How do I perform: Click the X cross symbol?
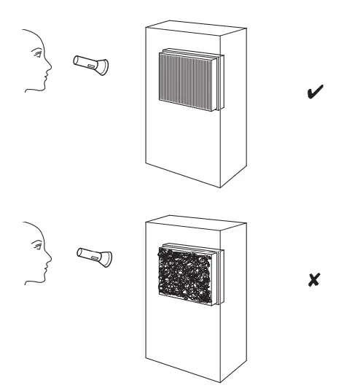pyautogui.click(x=317, y=279)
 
